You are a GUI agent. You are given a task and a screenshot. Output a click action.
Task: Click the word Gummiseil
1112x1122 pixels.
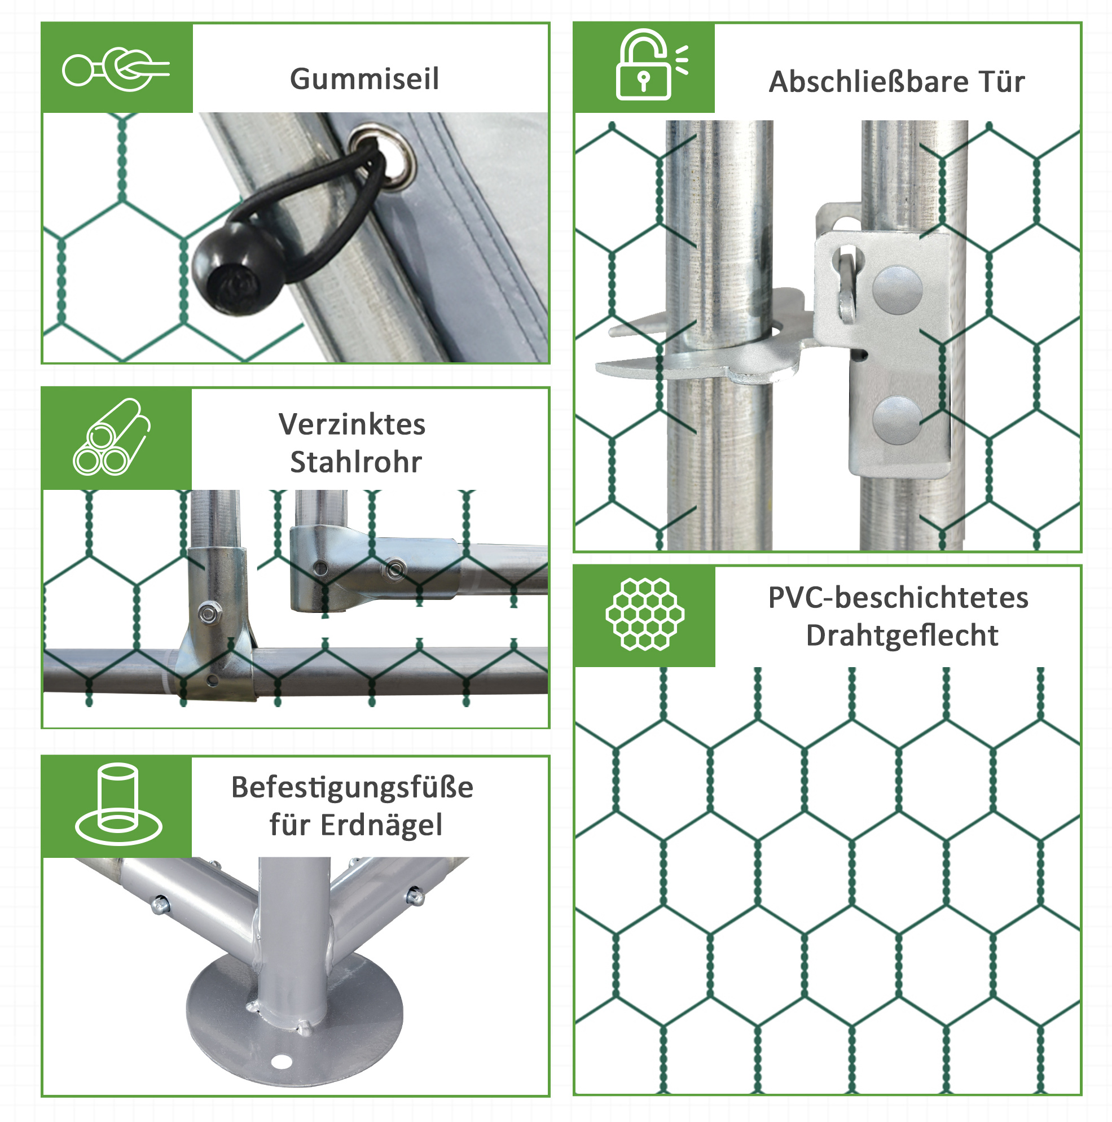click(x=364, y=79)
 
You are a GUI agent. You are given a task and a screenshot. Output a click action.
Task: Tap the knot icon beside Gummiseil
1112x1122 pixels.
click(x=116, y=69)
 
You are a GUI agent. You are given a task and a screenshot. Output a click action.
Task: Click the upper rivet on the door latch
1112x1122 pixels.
click(x=896, y=290)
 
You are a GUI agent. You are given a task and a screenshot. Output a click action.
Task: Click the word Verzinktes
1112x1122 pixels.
click(x=352, y=424)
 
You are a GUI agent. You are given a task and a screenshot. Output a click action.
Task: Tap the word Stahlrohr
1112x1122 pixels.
click(x=356, y=462)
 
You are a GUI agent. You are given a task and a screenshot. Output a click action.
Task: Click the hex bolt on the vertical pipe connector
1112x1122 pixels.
click(x=207, y=613)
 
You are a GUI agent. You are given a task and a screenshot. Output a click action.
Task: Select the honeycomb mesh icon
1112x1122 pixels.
click(x=644, y=614)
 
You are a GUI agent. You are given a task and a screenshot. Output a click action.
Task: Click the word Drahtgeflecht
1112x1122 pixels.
click(x=902, y=635)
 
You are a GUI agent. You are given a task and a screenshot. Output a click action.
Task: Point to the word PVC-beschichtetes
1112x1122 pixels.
click(x=898, y=598)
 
